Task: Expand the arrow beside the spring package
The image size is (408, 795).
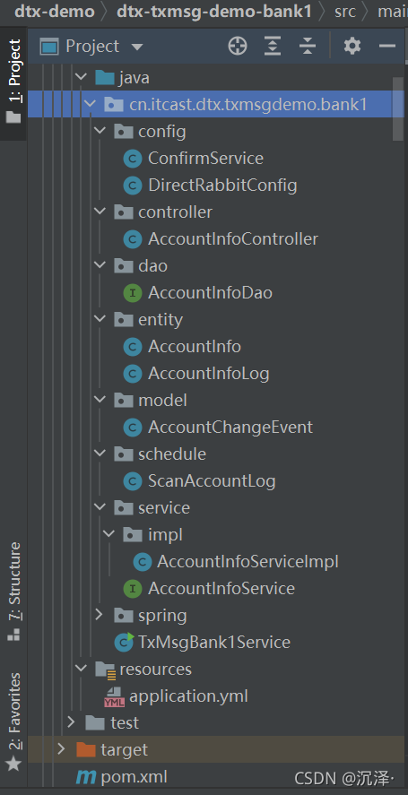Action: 100,615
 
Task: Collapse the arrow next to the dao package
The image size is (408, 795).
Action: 100,265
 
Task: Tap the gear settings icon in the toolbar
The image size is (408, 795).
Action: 352,46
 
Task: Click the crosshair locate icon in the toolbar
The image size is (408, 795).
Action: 238,46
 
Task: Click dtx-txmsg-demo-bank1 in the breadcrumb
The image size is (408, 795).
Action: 214,11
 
